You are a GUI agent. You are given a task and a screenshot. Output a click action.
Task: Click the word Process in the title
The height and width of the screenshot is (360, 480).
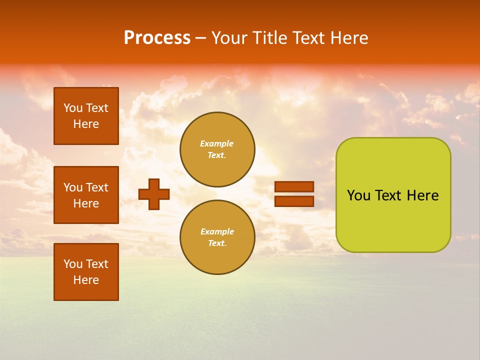point(157,38)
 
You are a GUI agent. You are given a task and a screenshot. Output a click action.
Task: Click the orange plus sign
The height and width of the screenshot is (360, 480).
point(154,194)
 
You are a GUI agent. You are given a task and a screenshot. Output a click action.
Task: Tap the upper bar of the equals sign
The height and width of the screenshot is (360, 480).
point(294,186)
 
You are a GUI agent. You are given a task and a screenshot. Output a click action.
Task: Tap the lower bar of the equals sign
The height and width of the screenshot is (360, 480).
point(294,201)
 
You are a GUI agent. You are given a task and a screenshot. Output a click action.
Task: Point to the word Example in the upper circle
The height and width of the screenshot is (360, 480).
point(217,143)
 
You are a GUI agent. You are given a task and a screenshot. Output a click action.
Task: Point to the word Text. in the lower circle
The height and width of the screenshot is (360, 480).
point(217,243)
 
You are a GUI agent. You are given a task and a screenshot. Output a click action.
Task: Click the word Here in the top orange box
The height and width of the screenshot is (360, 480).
point(86,124)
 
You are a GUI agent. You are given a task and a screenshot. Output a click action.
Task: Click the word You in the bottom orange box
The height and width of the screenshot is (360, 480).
point(73,264)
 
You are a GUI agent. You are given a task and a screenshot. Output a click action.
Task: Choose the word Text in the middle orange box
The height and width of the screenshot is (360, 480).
point(97,187)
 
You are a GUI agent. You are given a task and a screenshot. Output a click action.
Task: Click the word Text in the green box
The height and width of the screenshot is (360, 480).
point(389,195)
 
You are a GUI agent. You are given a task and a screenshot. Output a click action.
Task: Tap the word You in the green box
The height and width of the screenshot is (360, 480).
point(358,195)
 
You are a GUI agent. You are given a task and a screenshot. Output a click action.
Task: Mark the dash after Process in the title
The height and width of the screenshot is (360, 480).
point(201,38)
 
